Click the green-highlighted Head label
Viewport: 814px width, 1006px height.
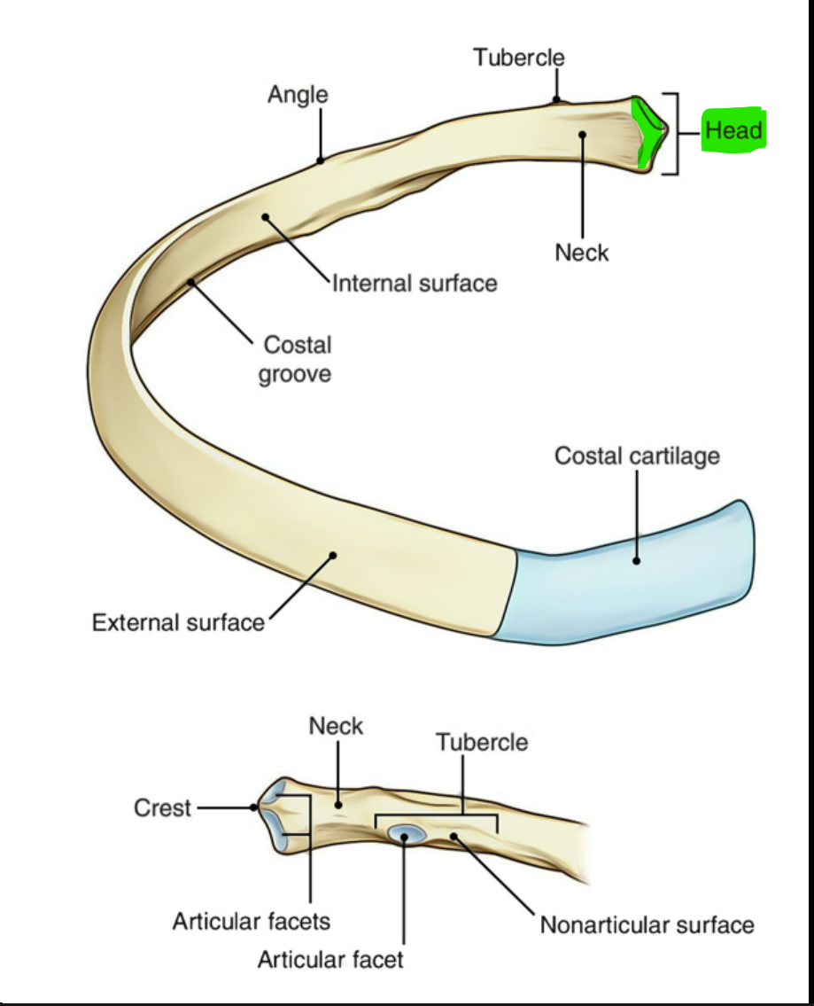tap(733, 131)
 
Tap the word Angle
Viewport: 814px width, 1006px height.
tap(298, 94)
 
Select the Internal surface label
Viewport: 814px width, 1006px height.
tap(415, 284)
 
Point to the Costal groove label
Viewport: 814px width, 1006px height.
tap(296, 359)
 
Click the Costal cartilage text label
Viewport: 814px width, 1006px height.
tap(637, 456)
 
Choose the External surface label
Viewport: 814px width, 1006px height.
tap(178, 622)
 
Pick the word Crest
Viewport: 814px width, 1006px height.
tap(162, 808)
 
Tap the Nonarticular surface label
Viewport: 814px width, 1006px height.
tap(647, 925)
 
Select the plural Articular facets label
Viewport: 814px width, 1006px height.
tap(251, 922)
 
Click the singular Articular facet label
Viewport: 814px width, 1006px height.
tap(330, 959)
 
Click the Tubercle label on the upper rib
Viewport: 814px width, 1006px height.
tap(518, 58)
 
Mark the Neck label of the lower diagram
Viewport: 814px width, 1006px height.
tap(336, 727)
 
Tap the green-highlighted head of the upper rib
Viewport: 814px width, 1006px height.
tap(649, 133)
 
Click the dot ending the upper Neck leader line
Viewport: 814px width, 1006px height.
tap(583, 135)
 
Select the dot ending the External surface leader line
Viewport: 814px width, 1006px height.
tap(334, 556)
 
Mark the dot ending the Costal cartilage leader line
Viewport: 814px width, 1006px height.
tap(636, 560)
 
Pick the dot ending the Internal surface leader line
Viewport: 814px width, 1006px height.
tap(266, 216)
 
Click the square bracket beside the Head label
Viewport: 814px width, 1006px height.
tap(676, 133)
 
